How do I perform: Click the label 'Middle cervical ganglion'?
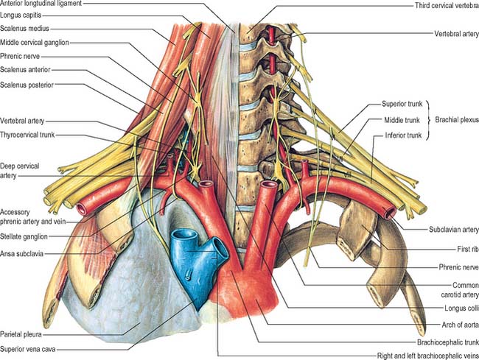coord(35,43)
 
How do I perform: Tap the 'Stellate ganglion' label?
coord(24,236)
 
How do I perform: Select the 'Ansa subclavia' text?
coord(21,253)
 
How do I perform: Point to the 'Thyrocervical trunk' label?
coord(27,135)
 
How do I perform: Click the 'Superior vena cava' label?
coord(28,349)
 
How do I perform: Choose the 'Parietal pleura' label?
coord(21,334)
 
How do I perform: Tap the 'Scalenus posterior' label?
coord(27,85)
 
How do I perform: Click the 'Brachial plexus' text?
coord(457,119)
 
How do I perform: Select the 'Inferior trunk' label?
coord(403,135)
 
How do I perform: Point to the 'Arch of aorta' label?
coord(461,325)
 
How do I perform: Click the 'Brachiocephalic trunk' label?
coord(448,342)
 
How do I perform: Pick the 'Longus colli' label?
coord(461,308)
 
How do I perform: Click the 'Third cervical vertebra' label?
coord(447,5)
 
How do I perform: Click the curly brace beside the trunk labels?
coord(428,120)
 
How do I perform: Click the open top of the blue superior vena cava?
coord(184,235)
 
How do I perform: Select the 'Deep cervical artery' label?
coord(20,171)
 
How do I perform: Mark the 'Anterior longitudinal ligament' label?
coord(41,4)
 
